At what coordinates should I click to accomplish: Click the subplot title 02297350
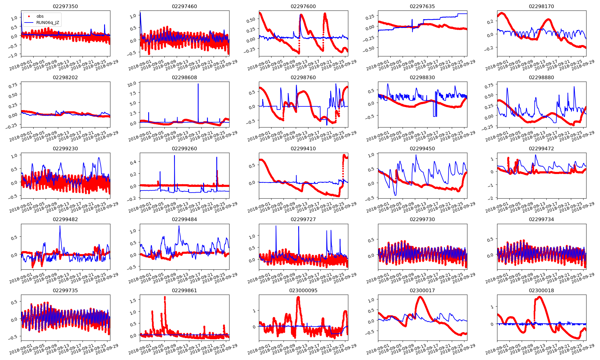[65, 6]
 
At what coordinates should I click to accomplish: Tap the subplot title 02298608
[184, 77]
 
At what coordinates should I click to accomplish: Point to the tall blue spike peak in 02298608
[198, 84]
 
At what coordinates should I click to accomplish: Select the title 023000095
[303, 290]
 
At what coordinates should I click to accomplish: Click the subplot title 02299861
[184, 290]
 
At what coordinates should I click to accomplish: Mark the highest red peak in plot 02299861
[165, 297]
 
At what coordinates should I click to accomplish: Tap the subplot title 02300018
[541, 290]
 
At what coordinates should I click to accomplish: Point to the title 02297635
[422, 6]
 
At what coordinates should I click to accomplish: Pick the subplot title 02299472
[541, 148]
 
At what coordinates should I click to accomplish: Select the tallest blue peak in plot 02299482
[60, 226]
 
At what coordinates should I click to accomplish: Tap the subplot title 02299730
[422, 219]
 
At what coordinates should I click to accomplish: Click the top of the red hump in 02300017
[420, 297]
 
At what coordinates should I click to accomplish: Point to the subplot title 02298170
[541, 6]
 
